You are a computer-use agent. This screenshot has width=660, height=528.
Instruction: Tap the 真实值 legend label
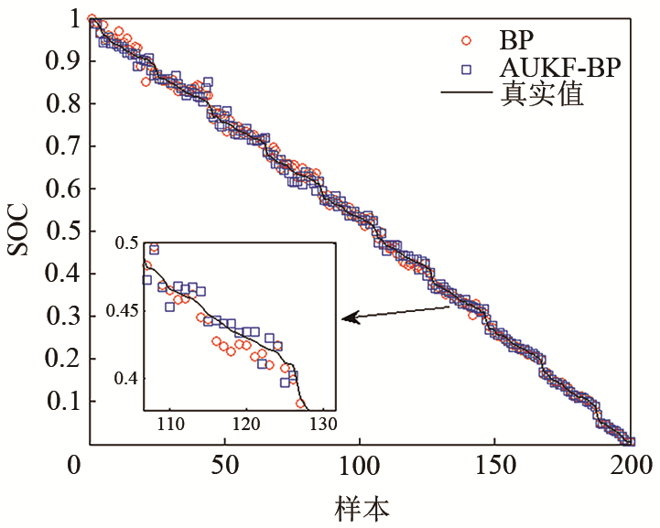pos(541,94)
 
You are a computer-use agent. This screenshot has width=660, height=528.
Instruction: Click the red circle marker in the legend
pos(466,41)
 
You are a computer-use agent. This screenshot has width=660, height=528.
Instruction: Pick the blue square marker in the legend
pos(466,69)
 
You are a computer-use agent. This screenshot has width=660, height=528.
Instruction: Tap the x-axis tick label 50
pos(223,468)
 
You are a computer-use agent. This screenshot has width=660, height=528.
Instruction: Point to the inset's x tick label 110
pos(170,425)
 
